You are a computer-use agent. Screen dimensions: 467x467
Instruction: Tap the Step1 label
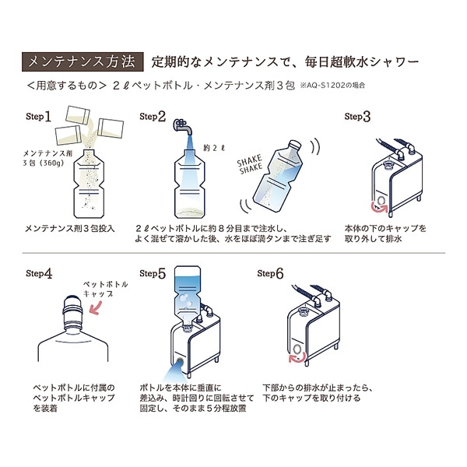pyautogui.click(x=39, y=117)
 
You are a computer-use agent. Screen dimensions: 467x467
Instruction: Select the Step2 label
pyautogui.click(x=153, y=117)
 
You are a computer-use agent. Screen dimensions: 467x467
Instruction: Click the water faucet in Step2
pyautogui.click(x=181, y=127)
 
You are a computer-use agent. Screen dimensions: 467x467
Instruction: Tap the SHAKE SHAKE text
pyautogui.click(x=251, y=166)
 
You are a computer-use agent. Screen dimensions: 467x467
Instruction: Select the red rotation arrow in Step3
pyautogui.click(x=381, y=206)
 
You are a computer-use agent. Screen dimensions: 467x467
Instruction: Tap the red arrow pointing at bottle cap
pyautogui.click(x=100, y=308)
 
